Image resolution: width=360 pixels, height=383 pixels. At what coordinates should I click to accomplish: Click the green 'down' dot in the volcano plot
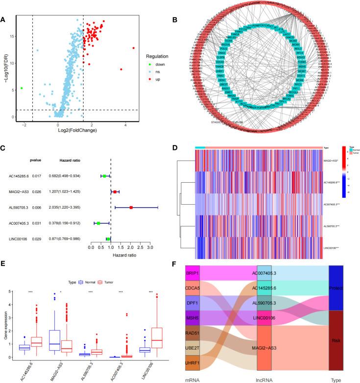tap(22, 89)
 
